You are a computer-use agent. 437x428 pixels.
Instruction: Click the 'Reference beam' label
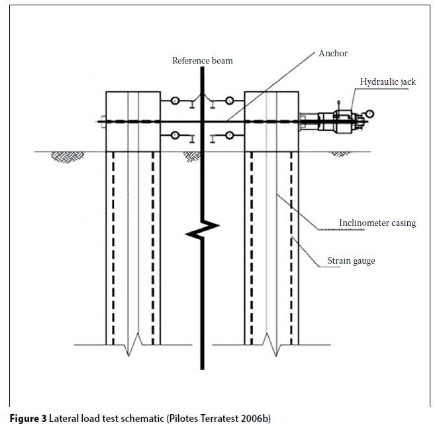coord(203,61)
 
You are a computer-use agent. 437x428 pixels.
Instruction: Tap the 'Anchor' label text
coord(333,54)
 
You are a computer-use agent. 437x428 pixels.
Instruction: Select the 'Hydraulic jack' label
coord(388,82)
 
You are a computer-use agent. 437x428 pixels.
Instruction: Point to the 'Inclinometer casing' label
coord(377,223)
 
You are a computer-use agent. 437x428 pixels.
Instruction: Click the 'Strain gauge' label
coord(351,261)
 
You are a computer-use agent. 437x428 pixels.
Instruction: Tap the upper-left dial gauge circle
coord(175,101)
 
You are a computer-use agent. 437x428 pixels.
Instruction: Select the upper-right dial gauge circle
coord(229,101)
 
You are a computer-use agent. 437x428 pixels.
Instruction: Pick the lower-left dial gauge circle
coord(175,136)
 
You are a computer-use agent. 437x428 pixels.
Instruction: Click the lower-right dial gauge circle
coord(229,136)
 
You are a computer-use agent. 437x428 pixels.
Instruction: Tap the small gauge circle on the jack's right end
coord(369,114)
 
